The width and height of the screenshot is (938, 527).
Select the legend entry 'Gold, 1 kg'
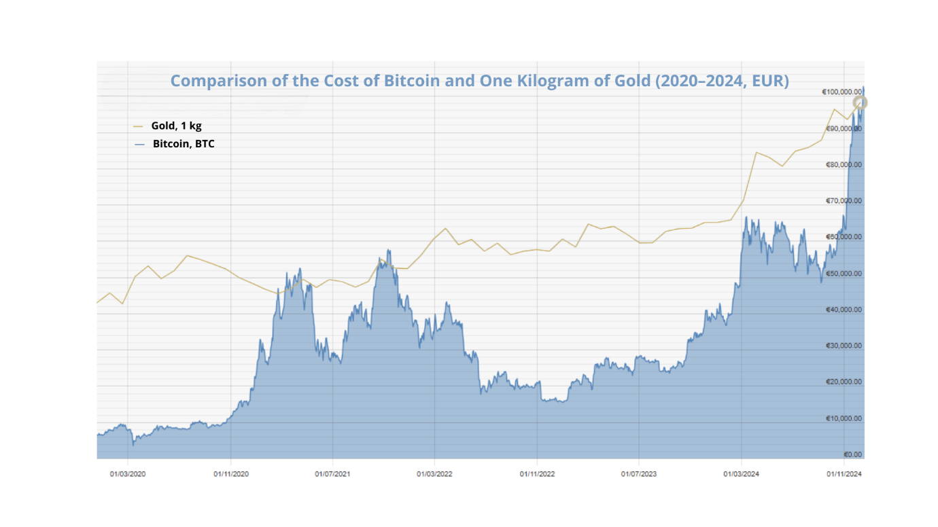click(176, 126)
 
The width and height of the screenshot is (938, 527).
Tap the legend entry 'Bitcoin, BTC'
click(183, 144)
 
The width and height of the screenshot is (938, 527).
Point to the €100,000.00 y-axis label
click(842, 92)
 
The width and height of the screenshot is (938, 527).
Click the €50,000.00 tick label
click(844, 274)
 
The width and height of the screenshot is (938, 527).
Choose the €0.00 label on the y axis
click(853, 454)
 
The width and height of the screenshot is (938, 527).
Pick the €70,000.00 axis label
click(844, 201)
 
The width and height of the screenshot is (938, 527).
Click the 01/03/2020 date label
click(128, 475)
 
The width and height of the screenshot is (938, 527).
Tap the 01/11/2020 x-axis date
click(230, 475)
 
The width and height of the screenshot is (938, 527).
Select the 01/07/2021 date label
click(332, 475)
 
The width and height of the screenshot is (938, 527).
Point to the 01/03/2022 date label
click(434, 475)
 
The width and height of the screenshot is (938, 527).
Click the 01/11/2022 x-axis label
click(537, 475)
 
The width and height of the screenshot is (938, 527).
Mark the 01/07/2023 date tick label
click(639, 475)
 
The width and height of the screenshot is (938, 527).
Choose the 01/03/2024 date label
click(742, 475)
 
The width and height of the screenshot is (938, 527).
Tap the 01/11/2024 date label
click(844, 475)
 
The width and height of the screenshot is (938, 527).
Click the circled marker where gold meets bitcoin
click(861, 103)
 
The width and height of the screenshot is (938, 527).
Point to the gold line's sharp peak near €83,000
click(756, 152)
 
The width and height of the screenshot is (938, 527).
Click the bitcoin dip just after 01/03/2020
click(133, 444)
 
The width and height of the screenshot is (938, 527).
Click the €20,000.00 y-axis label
click(844, 382)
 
